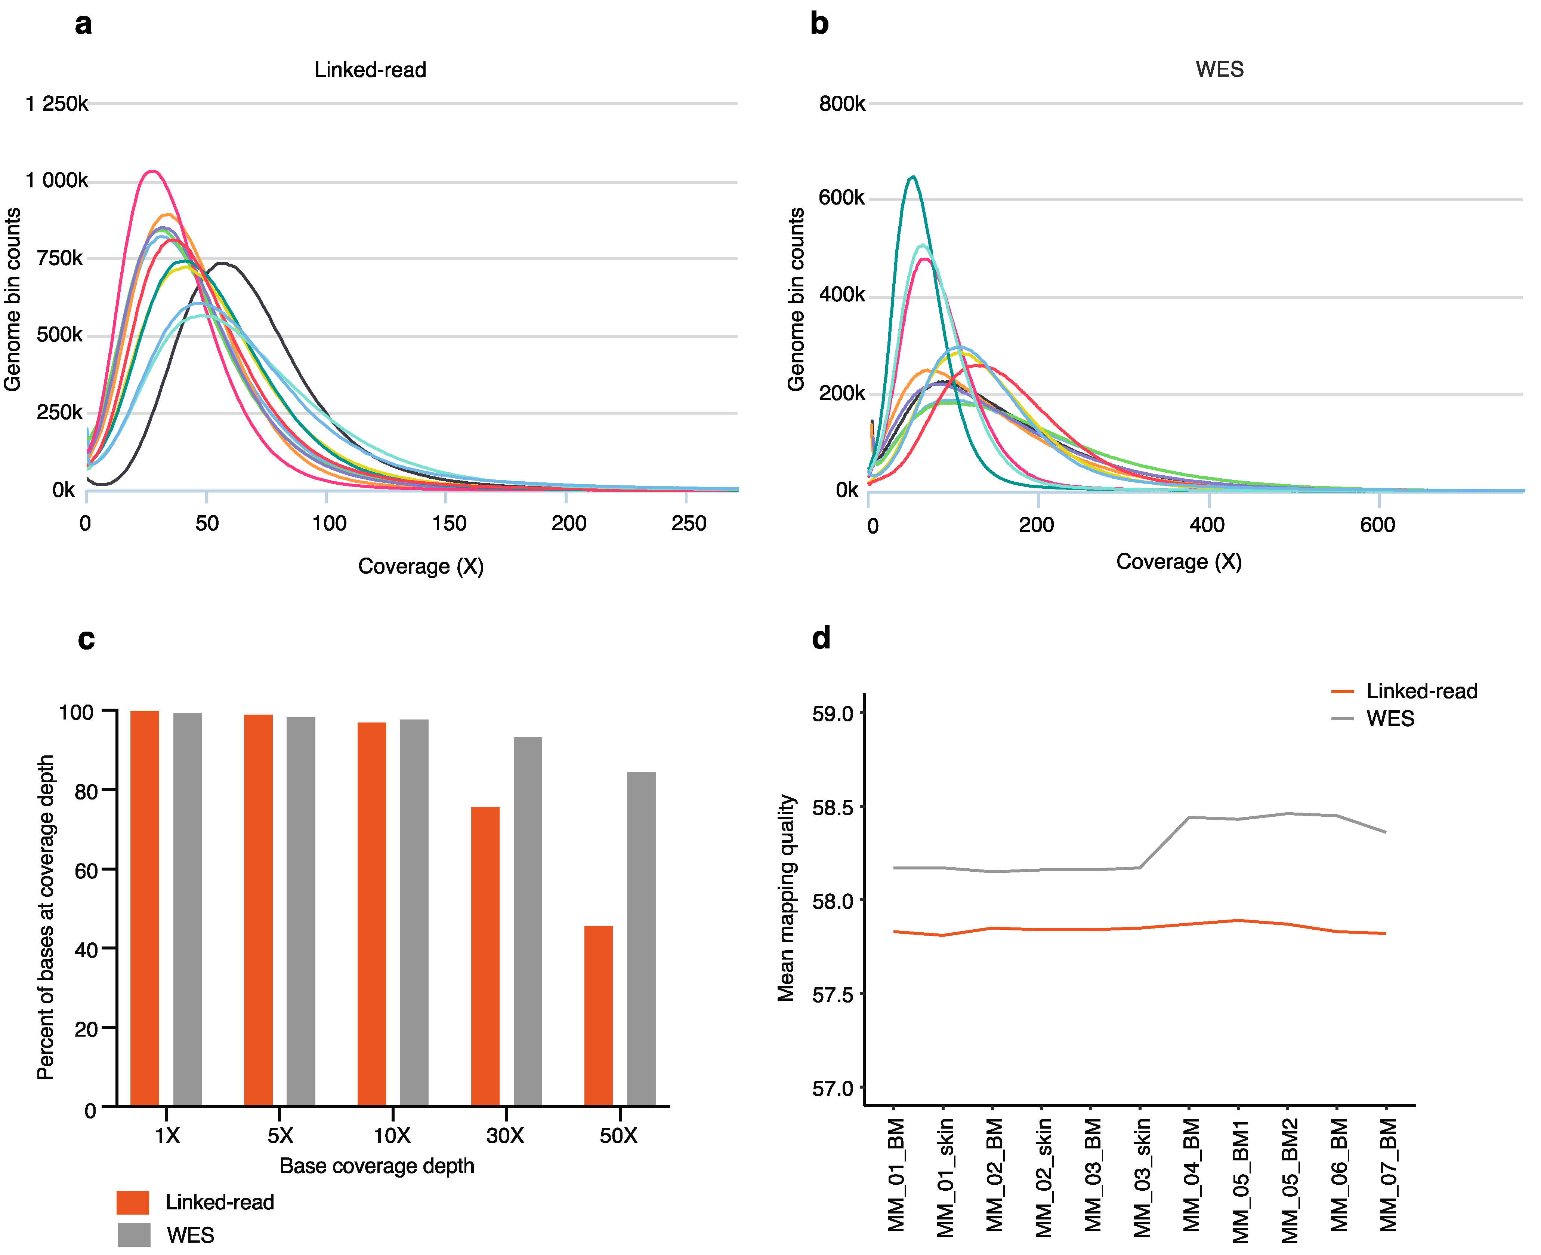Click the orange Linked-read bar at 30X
pos(485,956)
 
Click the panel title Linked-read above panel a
pos(370,70)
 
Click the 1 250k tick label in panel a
pos(56,104)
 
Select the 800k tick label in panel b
pos(841,104)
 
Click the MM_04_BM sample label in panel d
pos(1191,1175)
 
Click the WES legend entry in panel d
pos(1389,719)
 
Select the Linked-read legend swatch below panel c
pos(133,1202)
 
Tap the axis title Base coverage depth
pos(376,1166)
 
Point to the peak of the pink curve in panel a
pos(152,171)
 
